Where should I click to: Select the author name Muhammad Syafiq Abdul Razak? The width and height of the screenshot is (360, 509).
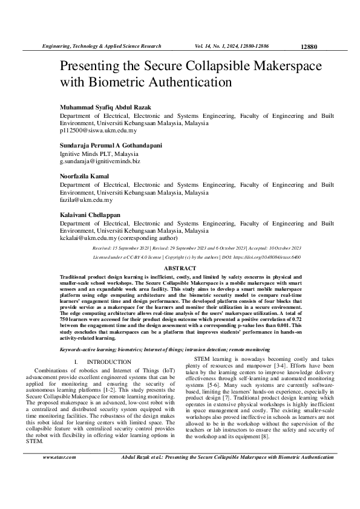point(105,107)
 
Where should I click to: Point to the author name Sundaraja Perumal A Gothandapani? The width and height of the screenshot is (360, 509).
point(111,146)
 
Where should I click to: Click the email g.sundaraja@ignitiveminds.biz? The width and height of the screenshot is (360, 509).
point(100,161)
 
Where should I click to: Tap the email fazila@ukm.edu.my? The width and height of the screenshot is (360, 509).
point(86,199)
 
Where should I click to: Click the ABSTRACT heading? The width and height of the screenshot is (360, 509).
point(180,268)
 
